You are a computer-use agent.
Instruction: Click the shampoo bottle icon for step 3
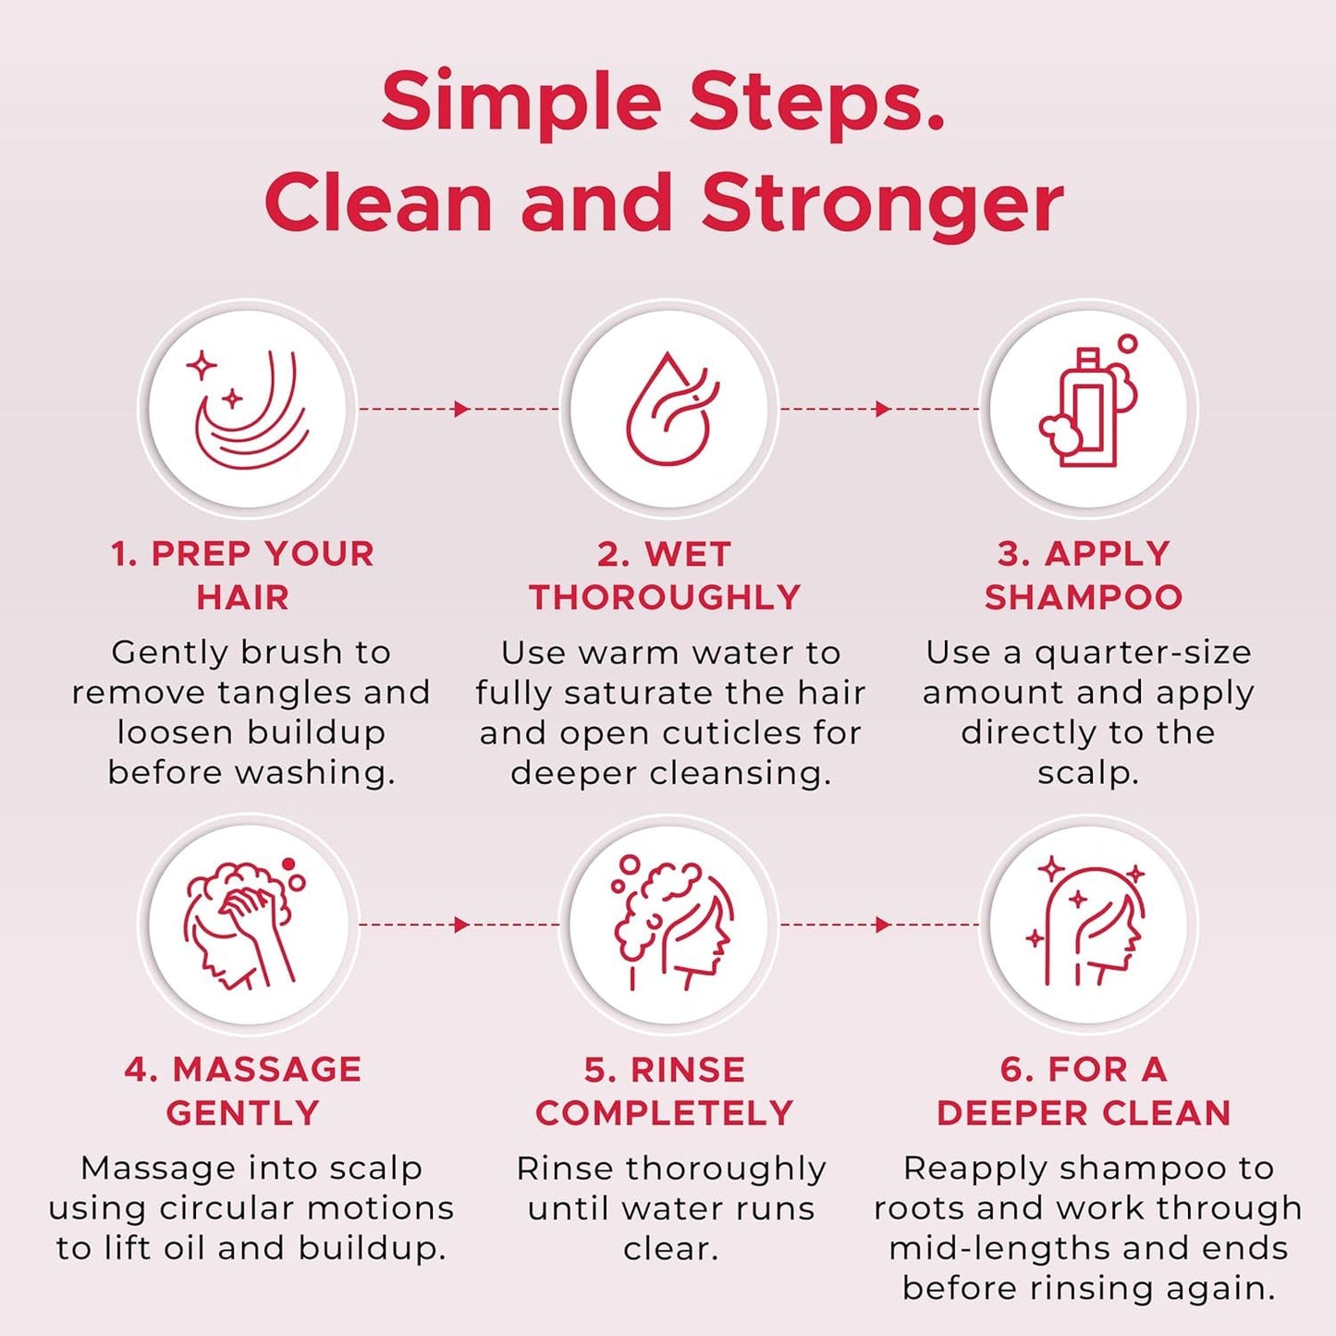1088,408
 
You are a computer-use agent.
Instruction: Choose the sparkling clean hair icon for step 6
1088,924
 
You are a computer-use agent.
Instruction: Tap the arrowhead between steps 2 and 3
882,409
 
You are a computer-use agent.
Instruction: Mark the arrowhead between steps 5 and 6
882,925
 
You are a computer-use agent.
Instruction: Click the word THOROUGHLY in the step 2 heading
665,597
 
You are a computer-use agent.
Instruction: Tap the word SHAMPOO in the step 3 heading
1084,597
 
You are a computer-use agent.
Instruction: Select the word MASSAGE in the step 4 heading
267,1070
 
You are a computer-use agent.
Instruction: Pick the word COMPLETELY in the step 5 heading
665,1113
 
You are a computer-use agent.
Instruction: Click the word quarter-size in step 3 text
1143,653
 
